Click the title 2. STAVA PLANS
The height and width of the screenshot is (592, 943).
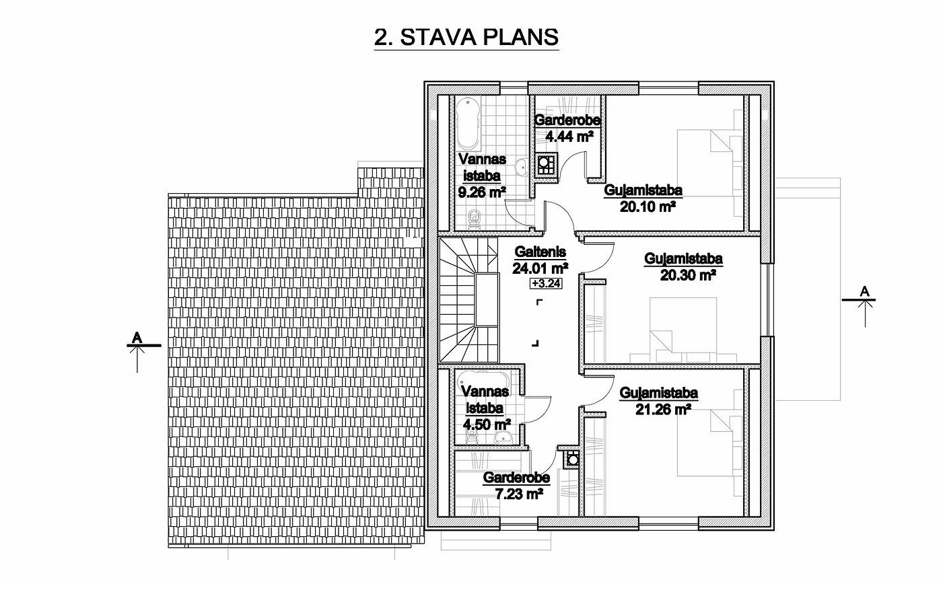point(466,38)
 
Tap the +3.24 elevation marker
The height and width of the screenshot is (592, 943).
point(546,284)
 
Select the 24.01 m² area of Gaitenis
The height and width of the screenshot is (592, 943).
point(540,268)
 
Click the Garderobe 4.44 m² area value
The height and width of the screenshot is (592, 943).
point(569,137)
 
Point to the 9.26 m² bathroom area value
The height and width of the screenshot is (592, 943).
point(482,192)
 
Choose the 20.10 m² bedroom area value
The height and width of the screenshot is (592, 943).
point(648,207)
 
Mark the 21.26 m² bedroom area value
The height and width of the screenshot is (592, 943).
point(663,409)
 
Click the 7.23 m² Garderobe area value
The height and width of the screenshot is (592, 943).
point(518,494)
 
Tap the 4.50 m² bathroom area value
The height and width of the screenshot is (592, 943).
point(487,424)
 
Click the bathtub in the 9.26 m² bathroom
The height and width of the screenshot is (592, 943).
point(468,123)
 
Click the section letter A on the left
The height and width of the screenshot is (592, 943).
point(137,338)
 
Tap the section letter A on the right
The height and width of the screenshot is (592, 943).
point(865,291)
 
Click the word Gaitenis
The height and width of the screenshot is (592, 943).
point(540,252)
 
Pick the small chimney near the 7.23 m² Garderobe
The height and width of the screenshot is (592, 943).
point(571,459)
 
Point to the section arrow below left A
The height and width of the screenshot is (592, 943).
point(137,359)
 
